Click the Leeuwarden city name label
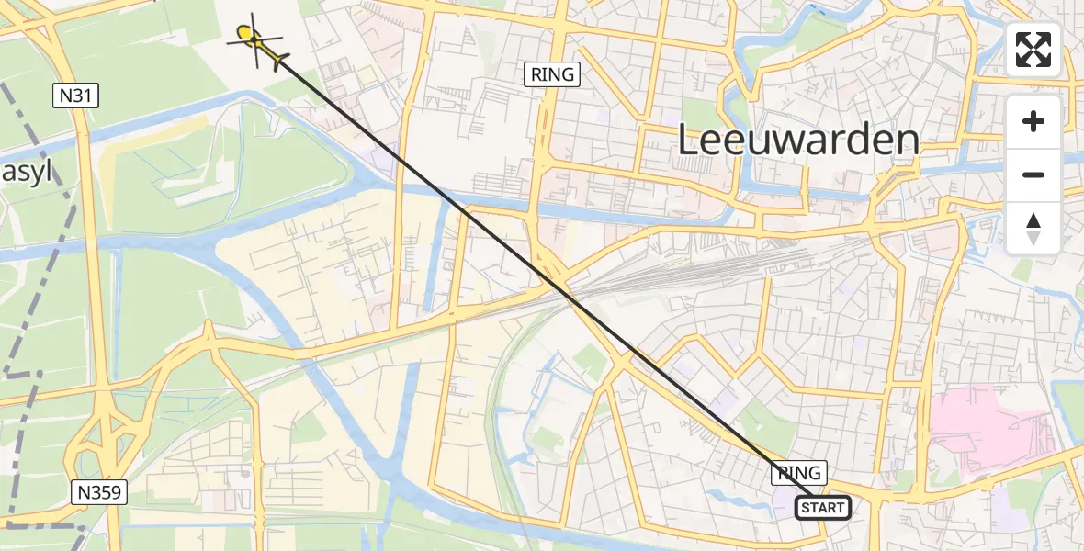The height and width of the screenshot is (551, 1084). pyautogui.click(x=798, y=141)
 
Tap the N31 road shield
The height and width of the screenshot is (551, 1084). pyautogui.click(x=75, y=96)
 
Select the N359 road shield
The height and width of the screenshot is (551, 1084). pyautogui.click(x=97, y=493)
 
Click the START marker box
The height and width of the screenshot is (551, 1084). pyautogui.click(x=821, y=508)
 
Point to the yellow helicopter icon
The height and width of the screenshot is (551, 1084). pyautogui.click(x=253, y=39)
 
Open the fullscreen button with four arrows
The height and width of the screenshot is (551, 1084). pyautogui.click(x=1033, y=50)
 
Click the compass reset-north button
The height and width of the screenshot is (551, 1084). pyautogui.click(x=1033, y=229)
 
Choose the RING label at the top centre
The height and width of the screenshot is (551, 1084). pyautogui.click(x=552, y=74)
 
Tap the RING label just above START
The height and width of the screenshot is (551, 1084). pyautogui.click(x=799, y=473)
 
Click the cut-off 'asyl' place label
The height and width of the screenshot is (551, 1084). pyautogui.click(x=26, y=173)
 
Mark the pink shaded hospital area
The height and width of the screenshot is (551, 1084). pyautogui.click(x=983, y=427)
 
